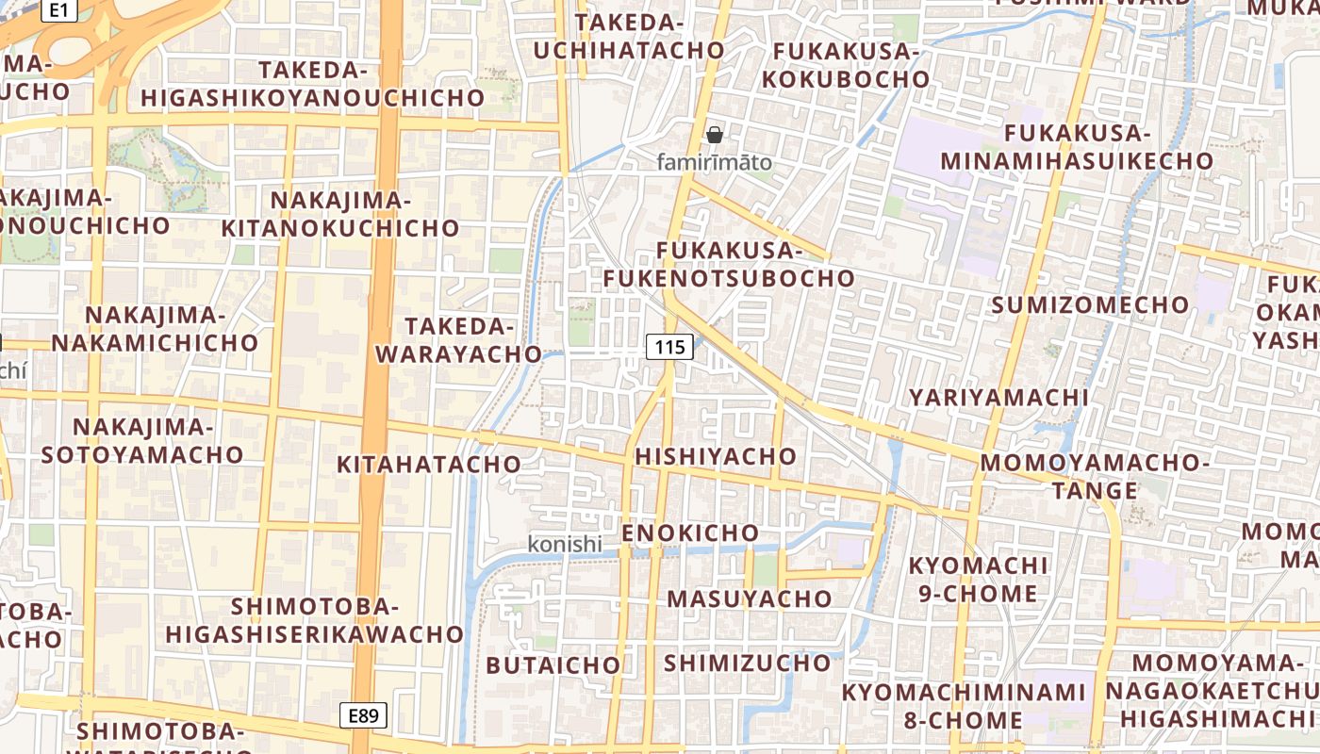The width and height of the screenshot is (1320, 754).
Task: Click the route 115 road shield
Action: [x=668, y=347]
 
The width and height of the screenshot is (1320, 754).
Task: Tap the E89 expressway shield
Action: [x=363, y=715]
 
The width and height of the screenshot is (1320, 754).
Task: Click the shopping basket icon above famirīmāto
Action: [x=715, y=135]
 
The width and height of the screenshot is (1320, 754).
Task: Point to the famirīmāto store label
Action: [x=714, y=162]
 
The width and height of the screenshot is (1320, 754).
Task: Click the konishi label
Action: [x=564, y=544]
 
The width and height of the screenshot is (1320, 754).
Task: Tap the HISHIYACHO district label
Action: [x=716, y=456]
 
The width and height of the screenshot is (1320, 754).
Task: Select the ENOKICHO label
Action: [x=690, y=533]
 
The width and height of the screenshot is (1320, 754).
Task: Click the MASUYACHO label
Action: [x=750, y=598]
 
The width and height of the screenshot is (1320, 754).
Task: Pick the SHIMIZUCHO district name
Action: [x=747, y=663]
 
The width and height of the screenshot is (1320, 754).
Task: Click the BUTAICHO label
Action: [x=553, y=665]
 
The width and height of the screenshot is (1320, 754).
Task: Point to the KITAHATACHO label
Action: [x=429, y=464]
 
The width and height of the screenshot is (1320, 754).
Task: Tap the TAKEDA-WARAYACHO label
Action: [x=459, y=340]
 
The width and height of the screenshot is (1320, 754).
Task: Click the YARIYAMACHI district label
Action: [x=998, y=398]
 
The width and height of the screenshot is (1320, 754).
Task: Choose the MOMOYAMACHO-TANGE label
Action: [x=1095, y=476]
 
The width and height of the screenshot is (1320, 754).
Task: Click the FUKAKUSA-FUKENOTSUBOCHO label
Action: [x=729, y=265]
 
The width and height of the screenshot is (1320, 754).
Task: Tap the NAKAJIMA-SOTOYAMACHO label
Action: [x=142, y=440]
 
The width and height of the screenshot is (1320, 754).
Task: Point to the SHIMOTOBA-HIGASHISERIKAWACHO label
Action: [x=314, y=619]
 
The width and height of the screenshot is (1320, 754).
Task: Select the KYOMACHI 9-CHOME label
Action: [x=978, y=579]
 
